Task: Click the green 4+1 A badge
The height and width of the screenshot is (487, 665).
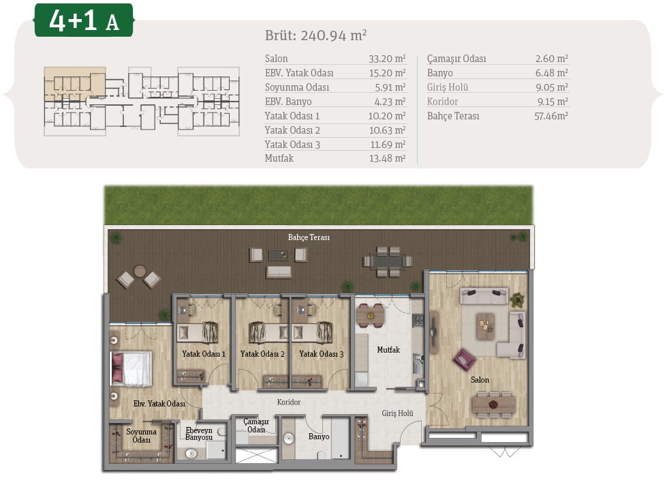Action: (84, 20)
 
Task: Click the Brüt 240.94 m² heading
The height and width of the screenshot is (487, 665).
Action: (315, 35)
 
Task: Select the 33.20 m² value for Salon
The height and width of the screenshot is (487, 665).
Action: (387, 59)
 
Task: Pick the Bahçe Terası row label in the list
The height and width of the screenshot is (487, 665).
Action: (453, 116)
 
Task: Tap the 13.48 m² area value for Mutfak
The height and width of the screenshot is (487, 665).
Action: (387, 158)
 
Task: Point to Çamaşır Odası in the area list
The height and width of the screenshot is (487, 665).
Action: (457, 59)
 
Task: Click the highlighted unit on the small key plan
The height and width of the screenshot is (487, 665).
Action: (75, 84)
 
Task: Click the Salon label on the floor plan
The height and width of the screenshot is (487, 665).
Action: (480, 380)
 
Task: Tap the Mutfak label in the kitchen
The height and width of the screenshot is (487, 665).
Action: (388, 350)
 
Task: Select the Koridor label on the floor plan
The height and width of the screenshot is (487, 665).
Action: (289, 402)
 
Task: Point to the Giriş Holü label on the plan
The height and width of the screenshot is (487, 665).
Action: (397, 413)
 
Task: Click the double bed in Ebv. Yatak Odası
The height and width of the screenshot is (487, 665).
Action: (131, 368)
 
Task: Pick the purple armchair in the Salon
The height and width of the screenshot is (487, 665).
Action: (463, 360)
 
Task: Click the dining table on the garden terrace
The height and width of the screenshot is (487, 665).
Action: (388, 261)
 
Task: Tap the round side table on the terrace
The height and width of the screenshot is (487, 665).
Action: (140, 271)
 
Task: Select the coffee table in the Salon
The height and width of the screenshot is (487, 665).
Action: (486, 326)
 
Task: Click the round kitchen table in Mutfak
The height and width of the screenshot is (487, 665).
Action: (370, 316)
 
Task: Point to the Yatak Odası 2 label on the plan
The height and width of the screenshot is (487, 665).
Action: (262, 354)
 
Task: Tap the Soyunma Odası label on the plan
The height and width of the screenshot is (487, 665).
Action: (141, 436)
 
